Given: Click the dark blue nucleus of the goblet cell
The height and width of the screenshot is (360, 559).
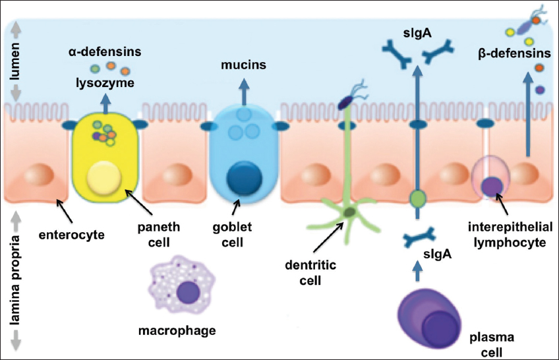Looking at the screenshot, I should [x=243, y=179].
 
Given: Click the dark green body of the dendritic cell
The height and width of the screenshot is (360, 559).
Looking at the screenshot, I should [x=348, y=212].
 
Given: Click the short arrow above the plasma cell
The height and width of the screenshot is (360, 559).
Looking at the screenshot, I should [x=416, y=270].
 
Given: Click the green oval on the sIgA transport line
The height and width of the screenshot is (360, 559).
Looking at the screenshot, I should [x=416, y=198].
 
